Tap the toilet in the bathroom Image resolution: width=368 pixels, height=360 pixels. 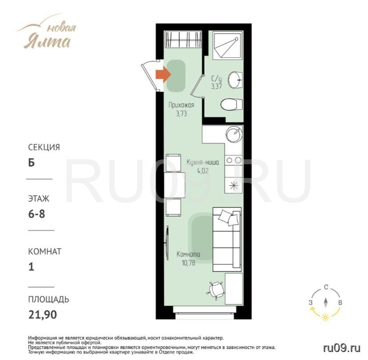click(231, 104)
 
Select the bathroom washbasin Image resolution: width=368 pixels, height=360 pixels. click(235, 79)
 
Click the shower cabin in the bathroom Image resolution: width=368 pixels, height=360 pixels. click(227, 45)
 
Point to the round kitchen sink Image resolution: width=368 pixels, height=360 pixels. click(234, 135)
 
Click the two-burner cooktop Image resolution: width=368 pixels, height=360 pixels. click(234, 161)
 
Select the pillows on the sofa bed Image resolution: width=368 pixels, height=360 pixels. click(228, 218)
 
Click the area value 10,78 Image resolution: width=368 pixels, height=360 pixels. click(188, 263)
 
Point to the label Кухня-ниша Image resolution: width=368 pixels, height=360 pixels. click(203, 162)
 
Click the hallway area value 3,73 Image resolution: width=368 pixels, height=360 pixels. click(182, 114)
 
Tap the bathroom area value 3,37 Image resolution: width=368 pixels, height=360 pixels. click(216, 87)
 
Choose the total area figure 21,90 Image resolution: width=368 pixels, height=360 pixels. click(43, 314)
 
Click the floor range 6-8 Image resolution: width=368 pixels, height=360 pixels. click(36, 214)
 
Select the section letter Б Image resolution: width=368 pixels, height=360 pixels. click(32, 162)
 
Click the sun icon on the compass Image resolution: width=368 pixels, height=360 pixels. click(325, 317)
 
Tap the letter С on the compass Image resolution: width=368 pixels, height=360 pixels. click(326, 287)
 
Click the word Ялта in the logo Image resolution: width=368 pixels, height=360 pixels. click(47, 42)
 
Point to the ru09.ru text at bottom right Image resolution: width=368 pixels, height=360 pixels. click(341, 348)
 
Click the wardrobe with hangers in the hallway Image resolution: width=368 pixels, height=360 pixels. click(183, 39)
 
